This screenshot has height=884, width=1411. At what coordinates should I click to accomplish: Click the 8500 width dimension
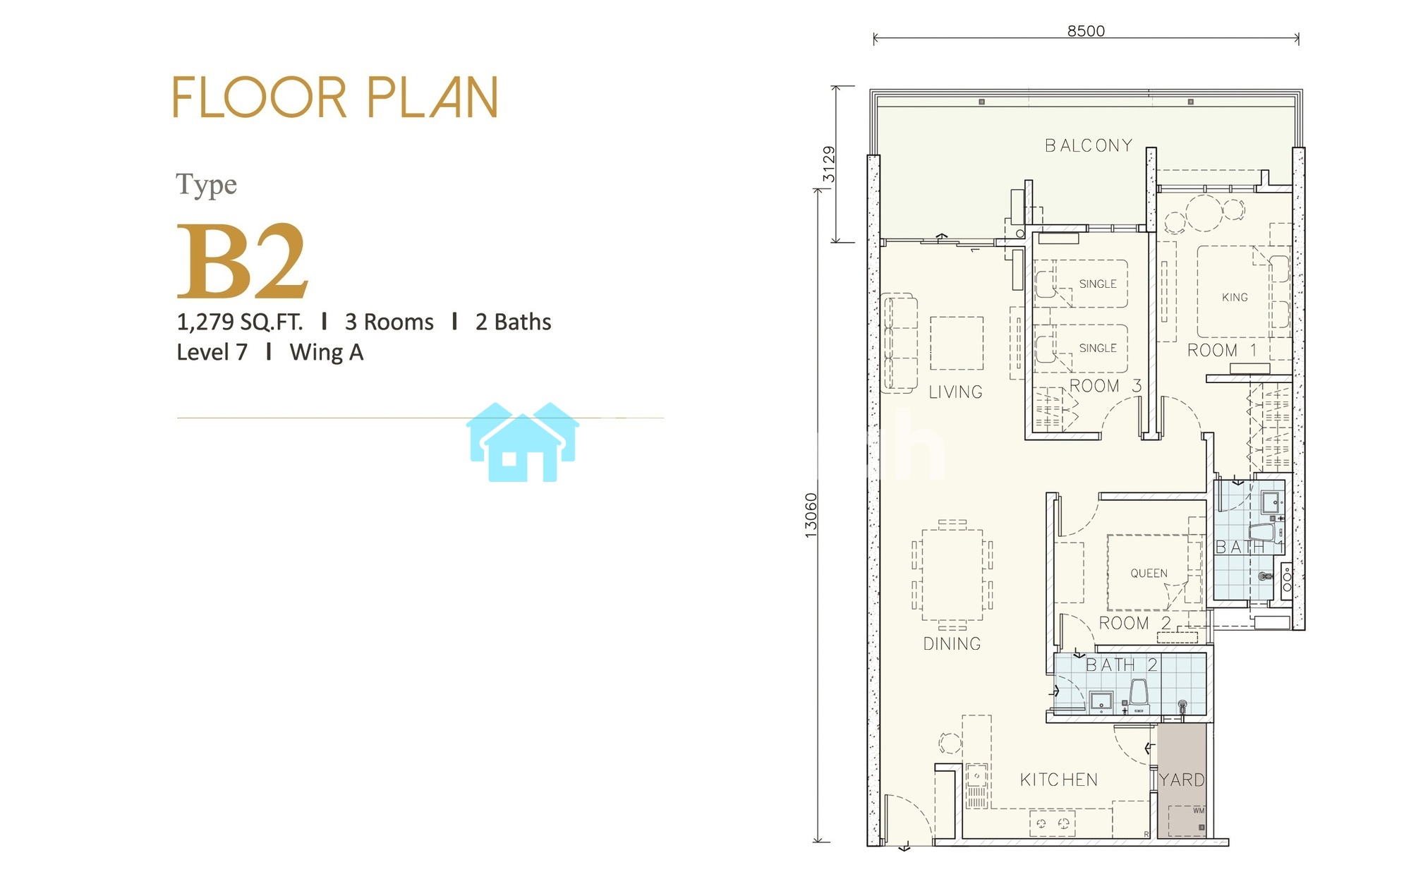(1086, 30)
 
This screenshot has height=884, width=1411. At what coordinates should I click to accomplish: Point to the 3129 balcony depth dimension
(829, 164)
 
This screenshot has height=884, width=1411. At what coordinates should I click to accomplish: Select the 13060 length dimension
(811, 516)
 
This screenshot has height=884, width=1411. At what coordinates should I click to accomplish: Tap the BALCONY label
(1089, 145)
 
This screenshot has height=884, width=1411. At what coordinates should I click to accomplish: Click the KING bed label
(1235, 297)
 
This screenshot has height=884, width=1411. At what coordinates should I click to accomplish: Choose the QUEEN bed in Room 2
(1149, 572)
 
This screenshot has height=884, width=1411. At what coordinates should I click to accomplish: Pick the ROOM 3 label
(1105, 386)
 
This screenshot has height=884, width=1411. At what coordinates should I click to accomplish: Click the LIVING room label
(955, 392)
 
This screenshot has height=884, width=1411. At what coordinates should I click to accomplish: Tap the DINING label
(952, 643)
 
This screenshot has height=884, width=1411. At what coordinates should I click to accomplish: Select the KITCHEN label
(1059, 780)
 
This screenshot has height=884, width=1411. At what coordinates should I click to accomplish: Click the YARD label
(1182, 780)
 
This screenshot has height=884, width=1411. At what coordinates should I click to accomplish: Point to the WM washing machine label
(1199, 810)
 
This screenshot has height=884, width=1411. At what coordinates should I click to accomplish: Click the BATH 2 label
(1121, 665)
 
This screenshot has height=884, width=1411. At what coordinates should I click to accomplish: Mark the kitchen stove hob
(1052, 823)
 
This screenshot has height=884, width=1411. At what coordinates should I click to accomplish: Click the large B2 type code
(242, 260)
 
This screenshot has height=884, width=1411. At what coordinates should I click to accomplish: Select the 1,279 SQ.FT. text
(239, 322)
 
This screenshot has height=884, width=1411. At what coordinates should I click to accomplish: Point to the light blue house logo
(522, 442)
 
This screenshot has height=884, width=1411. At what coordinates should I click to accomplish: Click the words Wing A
(327, 352)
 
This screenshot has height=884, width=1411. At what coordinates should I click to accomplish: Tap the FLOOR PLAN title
(336, 97)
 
